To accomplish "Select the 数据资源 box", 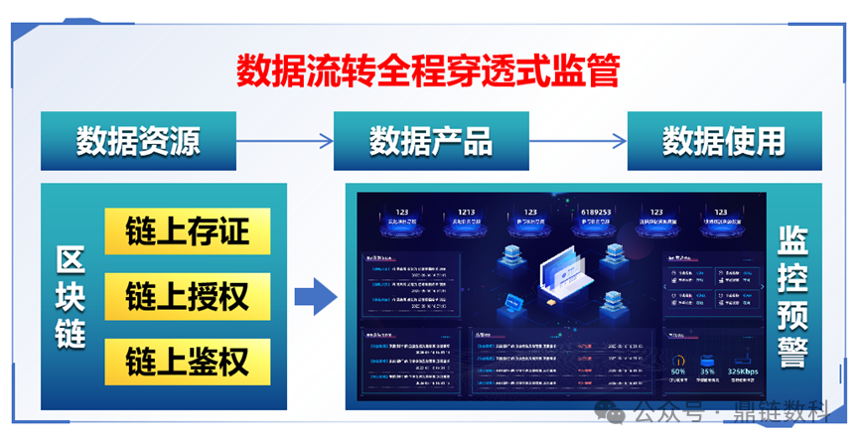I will (x=138, y=141).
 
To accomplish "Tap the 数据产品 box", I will (x=431, y=141).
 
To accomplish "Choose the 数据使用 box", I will (x=724, y=141).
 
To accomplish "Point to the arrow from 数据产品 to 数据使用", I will (x=578, y=141).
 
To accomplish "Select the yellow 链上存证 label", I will (x=187, y=230).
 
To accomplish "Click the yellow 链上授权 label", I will (x=187, y=295).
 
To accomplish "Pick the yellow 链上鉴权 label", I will (x=187, y=360).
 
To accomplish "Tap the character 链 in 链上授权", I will (x=140, y=295).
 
